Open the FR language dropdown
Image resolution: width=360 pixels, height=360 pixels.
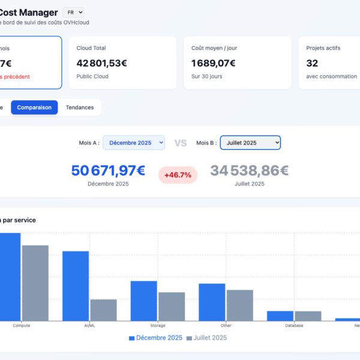click(x=73, y=12)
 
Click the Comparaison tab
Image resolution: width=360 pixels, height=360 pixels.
click(x=34, y=107)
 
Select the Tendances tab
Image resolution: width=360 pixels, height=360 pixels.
click(x=80, y=107)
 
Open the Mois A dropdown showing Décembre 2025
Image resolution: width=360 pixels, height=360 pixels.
click(x=134, y=143)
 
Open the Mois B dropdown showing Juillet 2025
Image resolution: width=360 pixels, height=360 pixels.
click(x=250, y=143)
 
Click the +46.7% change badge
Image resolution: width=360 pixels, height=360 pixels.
click(x=178, y=175)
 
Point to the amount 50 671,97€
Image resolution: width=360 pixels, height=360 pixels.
click(x=108, y=171)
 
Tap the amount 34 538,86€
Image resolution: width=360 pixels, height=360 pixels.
click(x=250, y=171)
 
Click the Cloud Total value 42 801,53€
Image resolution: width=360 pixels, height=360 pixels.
click(x=102, y=62)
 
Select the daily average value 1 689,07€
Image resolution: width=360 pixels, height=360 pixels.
click(x=214, y=62)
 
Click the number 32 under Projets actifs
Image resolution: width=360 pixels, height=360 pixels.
click(x=312, y=62)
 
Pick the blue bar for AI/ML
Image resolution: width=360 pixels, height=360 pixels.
click(x=76, y=286)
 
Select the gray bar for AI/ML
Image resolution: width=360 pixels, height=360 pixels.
click(x=103, y=310)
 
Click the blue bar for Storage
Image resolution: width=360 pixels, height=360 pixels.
click(x=144, y=301)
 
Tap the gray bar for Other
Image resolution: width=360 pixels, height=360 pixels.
click(x=240, y=305)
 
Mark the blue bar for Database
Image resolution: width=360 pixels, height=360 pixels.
click(x=280, y=316)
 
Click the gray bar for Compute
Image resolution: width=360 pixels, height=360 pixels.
click(x=35, y=283)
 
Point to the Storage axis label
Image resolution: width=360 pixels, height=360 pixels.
click(x=158, y=326)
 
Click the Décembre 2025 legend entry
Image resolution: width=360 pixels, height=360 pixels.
click(x=156, y=338)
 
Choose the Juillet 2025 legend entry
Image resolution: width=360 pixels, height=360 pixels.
click(x=207, y=338)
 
